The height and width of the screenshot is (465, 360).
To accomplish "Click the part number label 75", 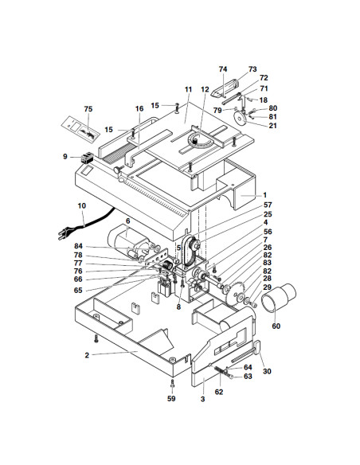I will [x=88, y=109].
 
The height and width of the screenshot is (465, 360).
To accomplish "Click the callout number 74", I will [x=223, y=70].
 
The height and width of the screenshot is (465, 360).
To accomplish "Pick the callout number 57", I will [x=268, y=205].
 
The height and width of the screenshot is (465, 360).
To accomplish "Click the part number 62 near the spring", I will [x=218, y=393].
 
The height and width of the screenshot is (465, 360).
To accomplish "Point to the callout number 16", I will [x=139, y=108].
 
